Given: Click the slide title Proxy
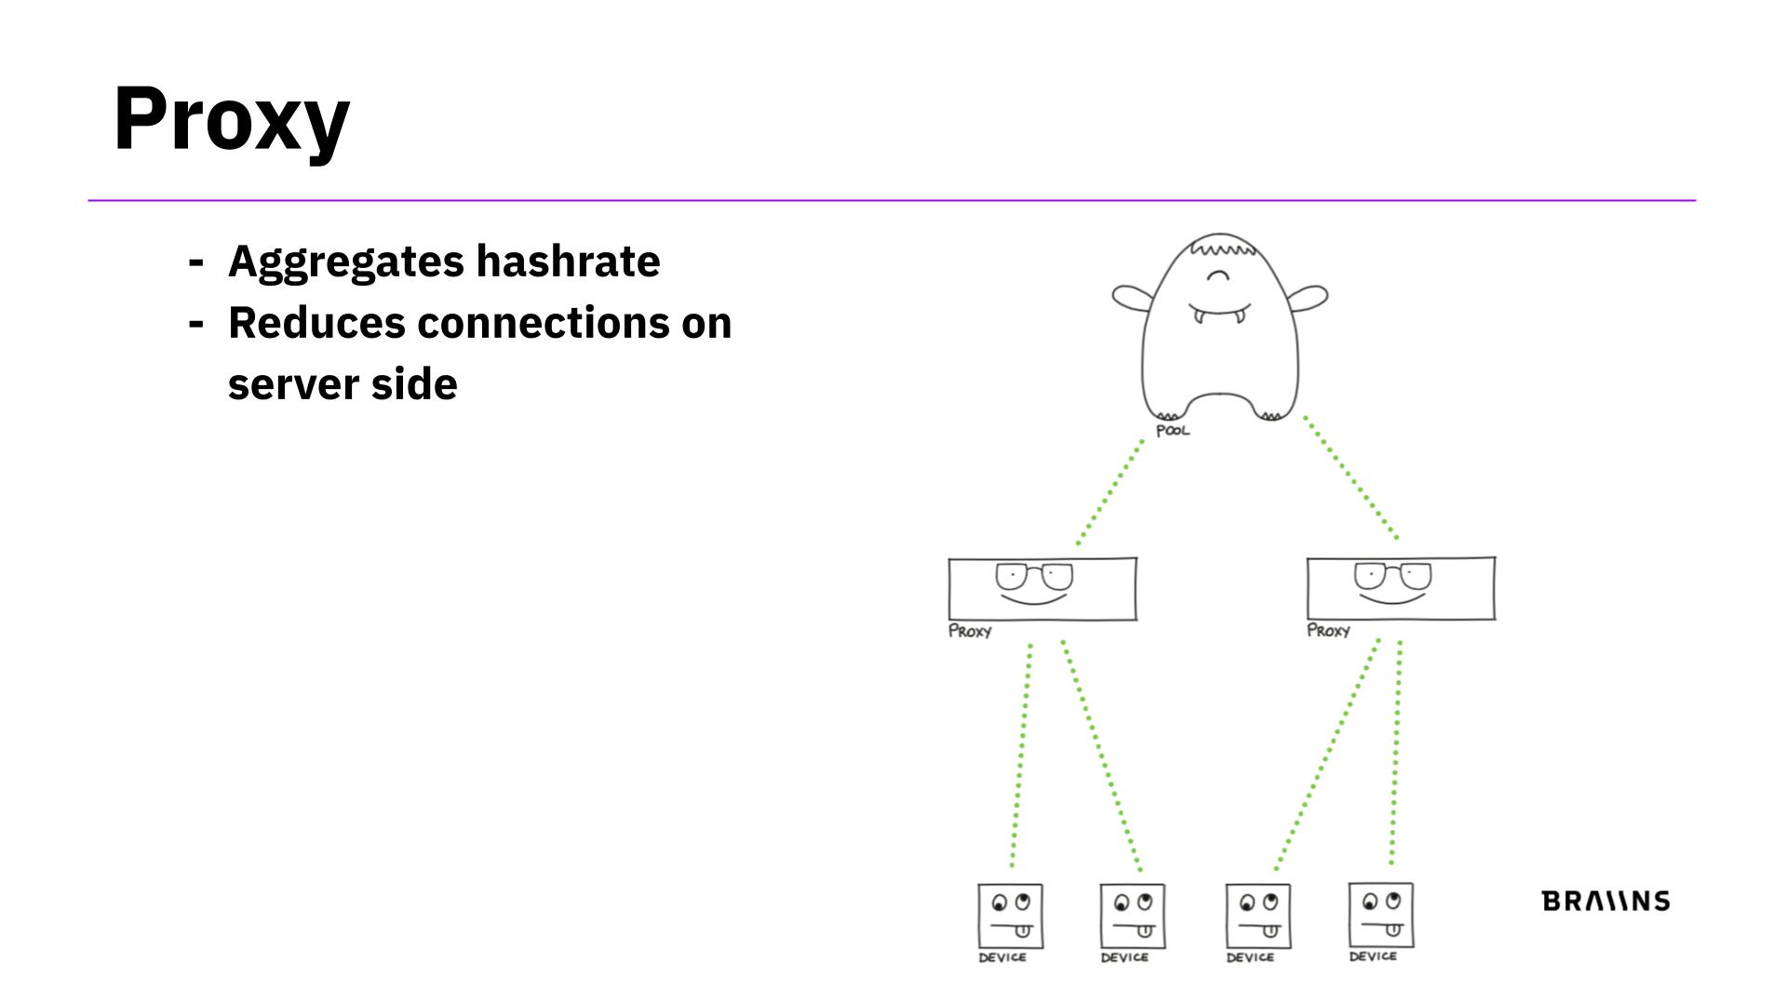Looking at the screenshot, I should tap(231, 119).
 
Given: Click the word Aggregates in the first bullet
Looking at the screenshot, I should tap(345, 261).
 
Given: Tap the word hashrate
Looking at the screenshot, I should tap(568, 261).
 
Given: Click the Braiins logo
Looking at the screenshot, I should tap(1606, 901).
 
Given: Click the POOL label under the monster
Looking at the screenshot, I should tap(1173, 431).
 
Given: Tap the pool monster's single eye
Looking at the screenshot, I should tap(1217, 275).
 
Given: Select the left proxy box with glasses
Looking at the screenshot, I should tap(1042, 589).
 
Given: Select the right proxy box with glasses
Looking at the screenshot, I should tap(1401, 588).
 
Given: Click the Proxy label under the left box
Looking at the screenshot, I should tap(970, 631).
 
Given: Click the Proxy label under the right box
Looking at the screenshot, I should tap(1328, 631).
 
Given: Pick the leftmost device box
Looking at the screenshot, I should tap(1010, 916).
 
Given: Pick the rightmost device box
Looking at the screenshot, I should tap(1381, 915).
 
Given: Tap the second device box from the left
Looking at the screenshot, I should tap(1132, 916).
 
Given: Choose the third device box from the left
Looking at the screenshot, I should tap(1257, 916).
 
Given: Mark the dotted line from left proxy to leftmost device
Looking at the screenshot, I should tap(1021, 754).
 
